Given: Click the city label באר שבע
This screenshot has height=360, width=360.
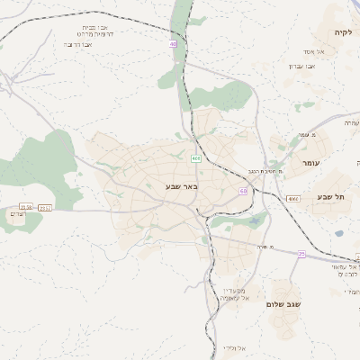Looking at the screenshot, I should point(181,186).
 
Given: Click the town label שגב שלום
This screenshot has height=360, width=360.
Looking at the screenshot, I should point(283,304).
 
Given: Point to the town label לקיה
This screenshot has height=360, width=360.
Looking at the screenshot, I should point(343,32).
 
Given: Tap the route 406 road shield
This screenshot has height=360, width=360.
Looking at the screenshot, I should point(195,158).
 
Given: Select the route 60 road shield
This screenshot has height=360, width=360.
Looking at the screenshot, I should point(243,191).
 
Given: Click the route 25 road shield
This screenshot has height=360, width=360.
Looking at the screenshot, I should point(302,255).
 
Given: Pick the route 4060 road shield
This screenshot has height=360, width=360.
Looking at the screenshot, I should point(293,198).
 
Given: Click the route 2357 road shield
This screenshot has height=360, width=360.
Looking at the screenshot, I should point(46,207).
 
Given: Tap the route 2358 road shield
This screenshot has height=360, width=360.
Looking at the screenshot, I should point(26,207).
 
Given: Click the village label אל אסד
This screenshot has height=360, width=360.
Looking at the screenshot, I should point(327,52).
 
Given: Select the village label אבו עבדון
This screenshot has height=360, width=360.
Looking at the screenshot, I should point(301,66).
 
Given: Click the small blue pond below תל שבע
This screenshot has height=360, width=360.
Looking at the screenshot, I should point(339,233).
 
